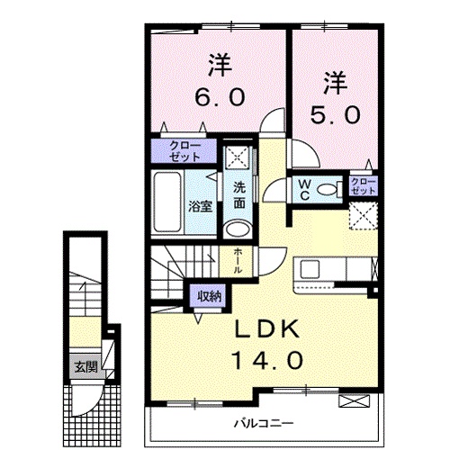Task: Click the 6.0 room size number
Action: pyautogui.click(x=216, y=94)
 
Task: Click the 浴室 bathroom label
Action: pyautogui.click(x=199, y=206)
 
